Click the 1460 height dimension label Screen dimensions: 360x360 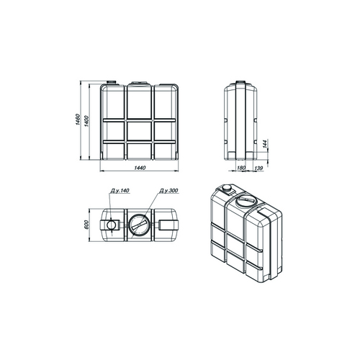pos(77,120)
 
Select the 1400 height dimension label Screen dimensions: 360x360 pos(86,121)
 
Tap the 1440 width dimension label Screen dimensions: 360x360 pos(140,168)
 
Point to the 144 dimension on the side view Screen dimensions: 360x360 pos(265,144)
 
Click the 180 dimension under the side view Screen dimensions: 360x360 pos(241,168)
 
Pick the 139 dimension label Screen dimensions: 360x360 pos(258,168)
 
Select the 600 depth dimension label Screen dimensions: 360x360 pos(86,225)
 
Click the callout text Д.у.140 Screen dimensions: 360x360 pos(120,191)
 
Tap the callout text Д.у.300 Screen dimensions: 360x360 pos(168,191)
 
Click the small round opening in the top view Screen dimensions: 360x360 pos(111,225)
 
